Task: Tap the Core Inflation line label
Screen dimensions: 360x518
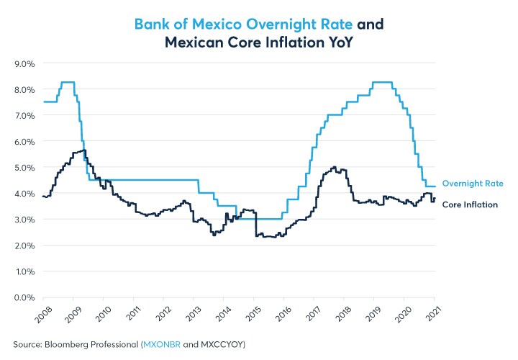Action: click(470, 204)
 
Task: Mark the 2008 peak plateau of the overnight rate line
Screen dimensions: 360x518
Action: click(68, 82)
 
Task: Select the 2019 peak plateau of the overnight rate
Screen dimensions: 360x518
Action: click(381, 82)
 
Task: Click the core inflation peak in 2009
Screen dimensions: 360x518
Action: click(81, 150)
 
